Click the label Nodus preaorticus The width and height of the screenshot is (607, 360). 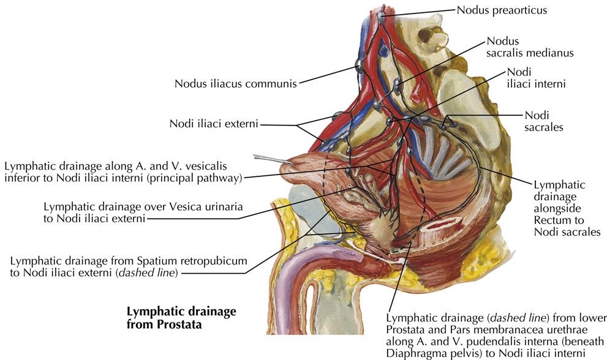502,10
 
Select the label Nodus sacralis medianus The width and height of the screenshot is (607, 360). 530,47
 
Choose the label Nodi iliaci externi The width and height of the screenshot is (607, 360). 214,124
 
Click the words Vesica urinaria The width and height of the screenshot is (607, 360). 208,207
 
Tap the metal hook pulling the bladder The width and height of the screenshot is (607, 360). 265,158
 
